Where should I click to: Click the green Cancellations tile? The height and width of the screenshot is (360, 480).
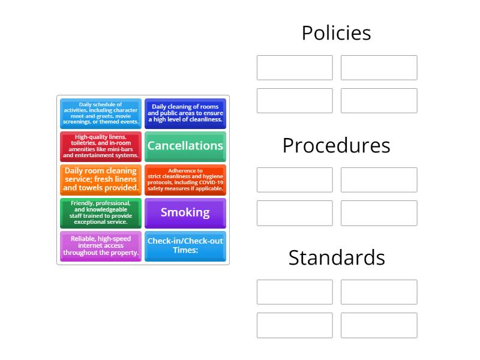tap(185, 146)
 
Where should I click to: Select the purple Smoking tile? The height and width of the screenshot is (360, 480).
tap(185, 213)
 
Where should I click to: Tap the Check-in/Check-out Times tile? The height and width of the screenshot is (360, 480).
tap(185, 246)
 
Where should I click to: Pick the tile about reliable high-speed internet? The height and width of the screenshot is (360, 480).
tap(101, 246)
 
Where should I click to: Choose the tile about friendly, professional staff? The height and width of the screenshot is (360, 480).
tap(101, 213)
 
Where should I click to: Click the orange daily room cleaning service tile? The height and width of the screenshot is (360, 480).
tap(101, 180)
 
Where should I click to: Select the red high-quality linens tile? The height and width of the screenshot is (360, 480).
tap(101, 146)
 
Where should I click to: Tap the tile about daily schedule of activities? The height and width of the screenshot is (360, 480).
tap(101, 113)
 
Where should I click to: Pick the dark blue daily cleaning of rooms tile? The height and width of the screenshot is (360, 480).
tap(185, 113)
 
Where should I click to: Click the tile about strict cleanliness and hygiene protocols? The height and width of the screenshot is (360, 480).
tap(185, 180)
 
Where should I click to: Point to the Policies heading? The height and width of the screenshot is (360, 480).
tap(337, 33)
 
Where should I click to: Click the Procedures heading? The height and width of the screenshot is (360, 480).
tap(337, 145)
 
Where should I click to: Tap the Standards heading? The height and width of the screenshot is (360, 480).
tap(337, 257)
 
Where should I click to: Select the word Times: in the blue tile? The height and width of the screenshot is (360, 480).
tap(185, 250)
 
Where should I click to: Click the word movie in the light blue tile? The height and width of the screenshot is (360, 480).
tap(123, 116)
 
